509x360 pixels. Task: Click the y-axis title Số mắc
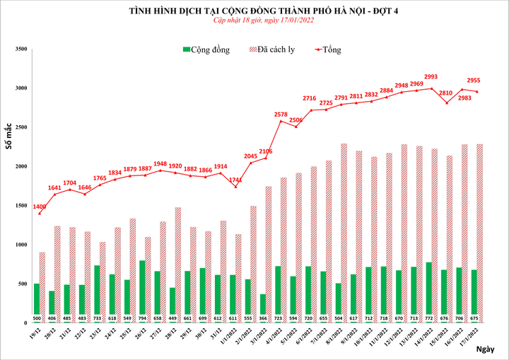coord(9,135)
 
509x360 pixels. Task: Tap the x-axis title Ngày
coord(486,349)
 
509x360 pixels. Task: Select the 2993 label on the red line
coord(431,77)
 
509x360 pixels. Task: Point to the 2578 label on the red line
coord(281,114)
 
